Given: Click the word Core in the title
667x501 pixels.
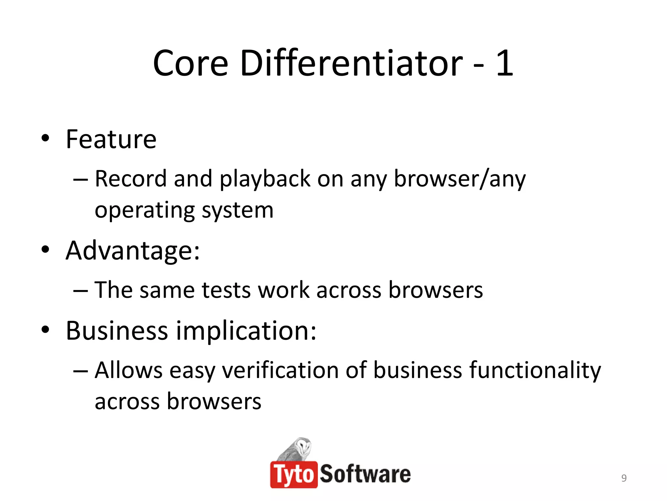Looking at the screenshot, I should coord(191,64).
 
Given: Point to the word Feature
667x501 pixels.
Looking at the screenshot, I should coord(111,140).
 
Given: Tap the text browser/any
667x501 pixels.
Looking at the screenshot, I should coord(460,179).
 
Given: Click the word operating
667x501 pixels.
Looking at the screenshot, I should coord(145,210).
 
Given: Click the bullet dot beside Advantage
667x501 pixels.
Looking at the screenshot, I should coord(46,250).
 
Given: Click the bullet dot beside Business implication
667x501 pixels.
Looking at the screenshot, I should coord(46,330).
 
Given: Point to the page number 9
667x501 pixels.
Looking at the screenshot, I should coord(624,478).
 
